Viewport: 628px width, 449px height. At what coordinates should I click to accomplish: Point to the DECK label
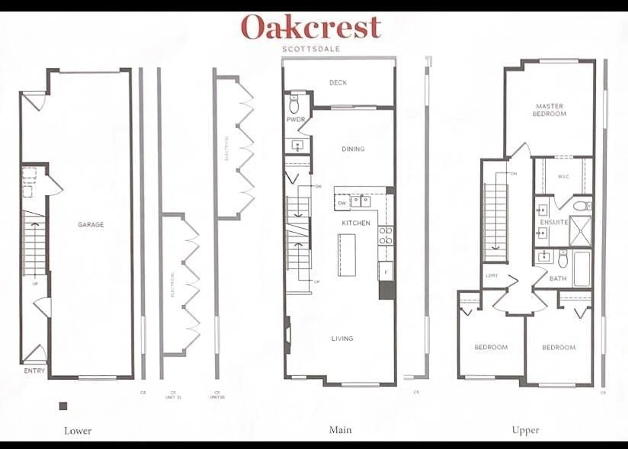(x=338, y=82)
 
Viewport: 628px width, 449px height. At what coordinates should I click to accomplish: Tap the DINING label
(x=353, y=149)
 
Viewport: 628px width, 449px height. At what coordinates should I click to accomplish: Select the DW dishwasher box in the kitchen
(x=342, y=203)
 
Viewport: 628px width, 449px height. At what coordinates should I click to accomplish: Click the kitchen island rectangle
(x=347, y=255)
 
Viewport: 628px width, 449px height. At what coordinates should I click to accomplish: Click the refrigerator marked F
(x=386, y=272)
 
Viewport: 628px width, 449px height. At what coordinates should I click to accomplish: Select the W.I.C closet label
(x=563, y=176)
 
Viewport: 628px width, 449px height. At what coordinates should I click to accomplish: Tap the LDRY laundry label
(x=492, y=276)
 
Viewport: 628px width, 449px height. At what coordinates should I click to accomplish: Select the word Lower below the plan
(x=78, y=431)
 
